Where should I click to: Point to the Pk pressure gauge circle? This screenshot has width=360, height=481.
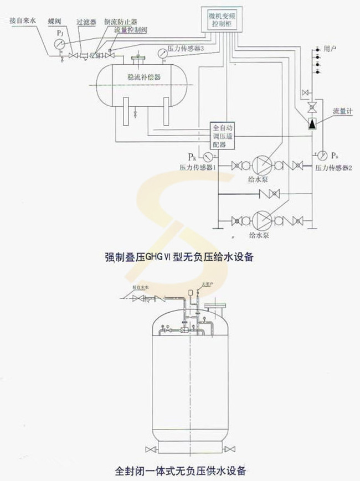click(208, 156)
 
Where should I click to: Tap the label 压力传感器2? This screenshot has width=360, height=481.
click(334, 167)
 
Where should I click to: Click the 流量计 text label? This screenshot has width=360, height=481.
click(339, 111)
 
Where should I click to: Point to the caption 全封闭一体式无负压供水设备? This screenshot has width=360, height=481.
click(180, 471)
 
